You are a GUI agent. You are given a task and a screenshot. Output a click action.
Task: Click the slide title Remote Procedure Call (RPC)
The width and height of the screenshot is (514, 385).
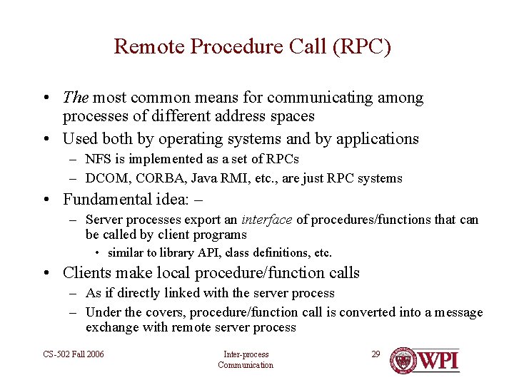pos(253,47)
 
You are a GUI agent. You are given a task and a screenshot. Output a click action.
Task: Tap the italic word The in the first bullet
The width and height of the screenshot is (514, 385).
pos(75,98)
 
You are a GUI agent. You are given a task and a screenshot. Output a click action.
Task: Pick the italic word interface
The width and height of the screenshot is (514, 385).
pos(266,220)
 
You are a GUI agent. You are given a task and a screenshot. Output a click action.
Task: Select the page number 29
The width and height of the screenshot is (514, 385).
pos(376,354)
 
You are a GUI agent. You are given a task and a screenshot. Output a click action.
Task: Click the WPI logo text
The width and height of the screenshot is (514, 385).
pos(438,360)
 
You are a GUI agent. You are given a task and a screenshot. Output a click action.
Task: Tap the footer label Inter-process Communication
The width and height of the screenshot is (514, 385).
pos(246,359)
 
